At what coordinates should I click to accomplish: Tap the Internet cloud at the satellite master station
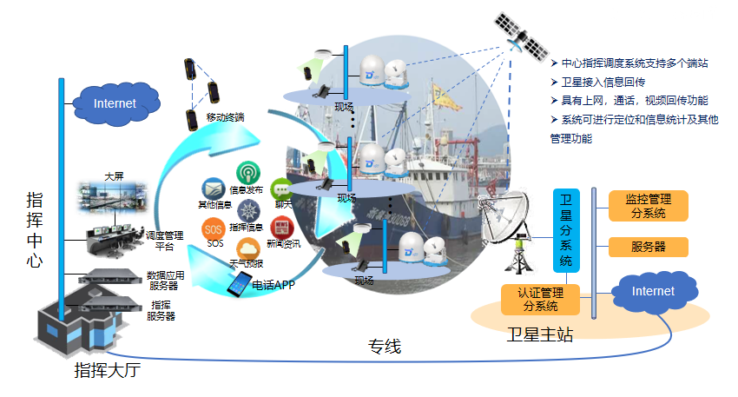point(653,292)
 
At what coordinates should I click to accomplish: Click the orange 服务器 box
point(648,247)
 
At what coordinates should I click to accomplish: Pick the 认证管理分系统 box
point(539,299)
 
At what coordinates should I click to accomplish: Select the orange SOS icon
point(214,229)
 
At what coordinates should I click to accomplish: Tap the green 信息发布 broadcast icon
point(247,173)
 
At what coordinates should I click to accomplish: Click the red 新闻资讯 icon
point(280,228)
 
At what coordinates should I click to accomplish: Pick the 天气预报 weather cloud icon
point(247,248)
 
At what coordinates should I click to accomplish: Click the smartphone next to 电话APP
point(240,283)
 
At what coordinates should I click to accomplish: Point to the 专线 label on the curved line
point(382,347)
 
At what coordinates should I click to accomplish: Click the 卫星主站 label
point(539,334)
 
